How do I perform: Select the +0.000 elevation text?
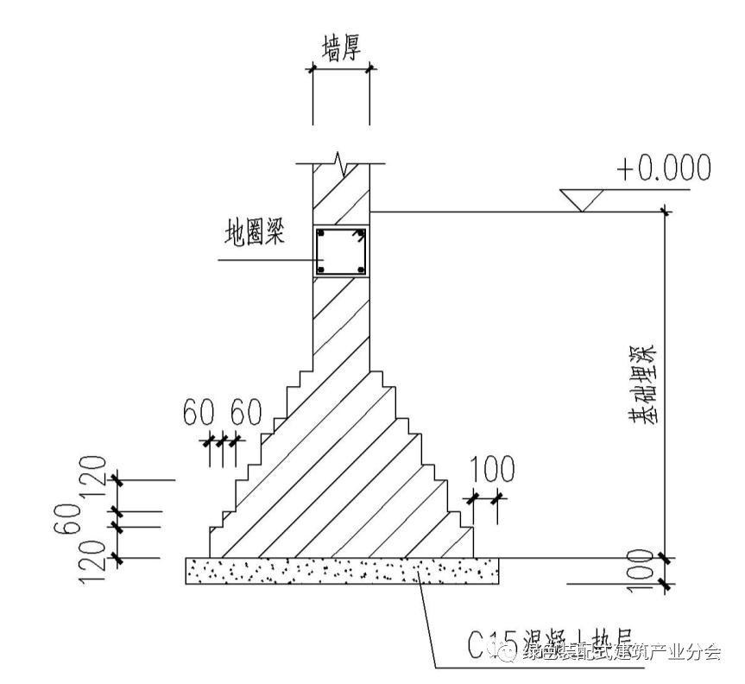[663, 168]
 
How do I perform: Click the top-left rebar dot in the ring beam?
[321, 233]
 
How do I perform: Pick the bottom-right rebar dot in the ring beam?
[361, 271]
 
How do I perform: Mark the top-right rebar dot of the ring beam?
[361, 233]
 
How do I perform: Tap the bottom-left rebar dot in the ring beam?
[321, 271]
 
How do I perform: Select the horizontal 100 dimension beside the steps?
[493, 470]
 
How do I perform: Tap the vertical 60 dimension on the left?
[72, 516]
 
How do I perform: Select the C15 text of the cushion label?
[488, 646]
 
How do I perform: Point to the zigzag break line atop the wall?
[341, 161]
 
